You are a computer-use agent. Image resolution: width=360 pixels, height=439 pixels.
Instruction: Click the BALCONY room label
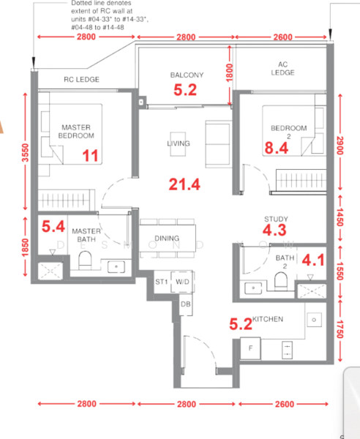tap(187, 75)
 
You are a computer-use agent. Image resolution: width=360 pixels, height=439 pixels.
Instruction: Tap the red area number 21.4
tap(184, 184)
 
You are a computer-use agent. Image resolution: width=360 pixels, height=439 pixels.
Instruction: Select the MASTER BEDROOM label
tap(76, 132)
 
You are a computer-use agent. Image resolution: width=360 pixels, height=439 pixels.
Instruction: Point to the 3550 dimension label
tap(25, 153)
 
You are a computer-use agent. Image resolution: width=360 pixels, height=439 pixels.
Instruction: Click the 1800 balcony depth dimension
tap(229, 72)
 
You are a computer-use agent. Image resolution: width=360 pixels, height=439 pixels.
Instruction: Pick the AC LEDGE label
tap(282, 69)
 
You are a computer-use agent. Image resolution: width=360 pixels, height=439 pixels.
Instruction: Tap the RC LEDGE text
tap(81, 80)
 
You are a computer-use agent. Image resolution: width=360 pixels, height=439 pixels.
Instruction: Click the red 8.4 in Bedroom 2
tap(277, 148)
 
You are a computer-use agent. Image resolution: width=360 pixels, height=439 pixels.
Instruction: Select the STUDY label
tap(276, 219)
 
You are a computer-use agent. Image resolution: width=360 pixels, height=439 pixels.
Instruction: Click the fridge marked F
tap(250, 348)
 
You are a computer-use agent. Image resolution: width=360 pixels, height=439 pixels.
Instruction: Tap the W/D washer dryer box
tap(182, 282)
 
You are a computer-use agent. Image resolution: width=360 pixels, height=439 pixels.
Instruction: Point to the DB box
tap(186, 304)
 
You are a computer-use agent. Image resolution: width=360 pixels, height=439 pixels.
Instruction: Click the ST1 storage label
tap(162, 282)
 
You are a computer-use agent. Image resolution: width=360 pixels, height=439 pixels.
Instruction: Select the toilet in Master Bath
tap(85, 260)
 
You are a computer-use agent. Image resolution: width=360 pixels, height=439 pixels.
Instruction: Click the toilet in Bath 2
tap(281, 281)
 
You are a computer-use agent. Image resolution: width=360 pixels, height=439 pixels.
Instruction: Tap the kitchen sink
tap(314, 320)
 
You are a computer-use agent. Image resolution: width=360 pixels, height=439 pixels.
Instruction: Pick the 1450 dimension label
tap(340, 217)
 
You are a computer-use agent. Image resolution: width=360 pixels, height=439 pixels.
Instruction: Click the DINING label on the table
tap(167, 239)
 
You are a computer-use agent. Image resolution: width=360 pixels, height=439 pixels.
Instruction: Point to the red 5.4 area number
tap(53, 226)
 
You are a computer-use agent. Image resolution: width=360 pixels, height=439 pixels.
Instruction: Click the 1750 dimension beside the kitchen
tap(340, 329)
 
